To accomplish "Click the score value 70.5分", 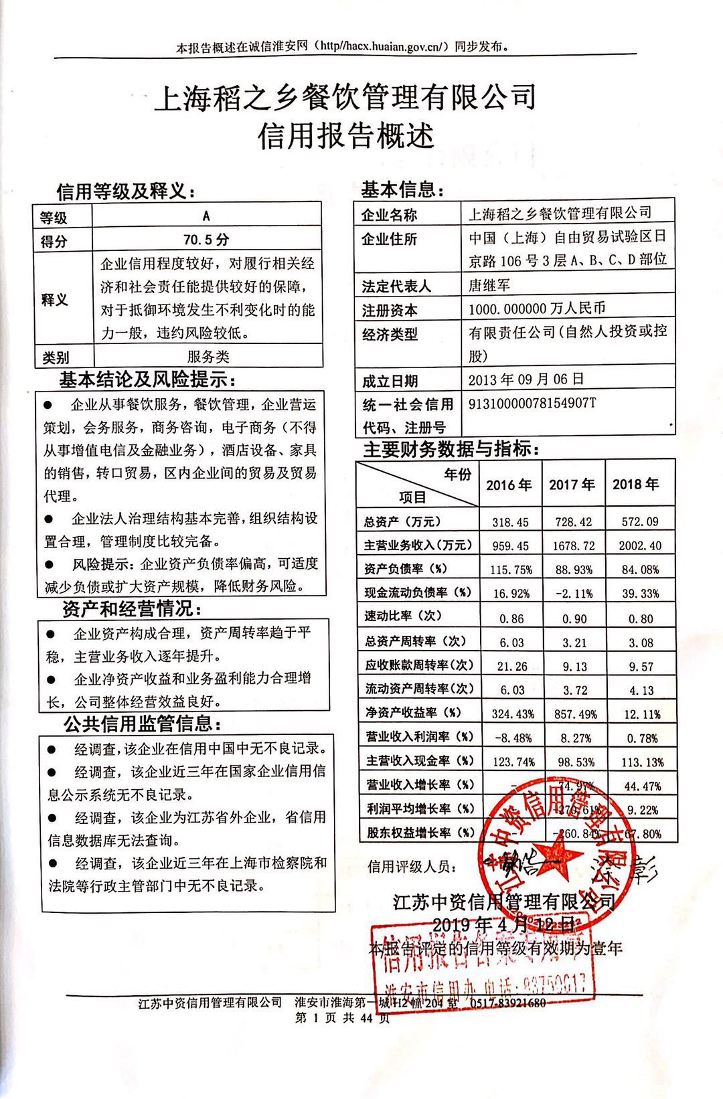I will click(206, 240).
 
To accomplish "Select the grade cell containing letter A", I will click(206, 216).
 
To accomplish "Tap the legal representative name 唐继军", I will click(489, 285).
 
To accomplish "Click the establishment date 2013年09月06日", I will click(526, 379).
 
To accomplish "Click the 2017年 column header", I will click(572, 485).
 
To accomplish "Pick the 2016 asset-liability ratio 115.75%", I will click(511, 570).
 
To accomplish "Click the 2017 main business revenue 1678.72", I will click(573, 545).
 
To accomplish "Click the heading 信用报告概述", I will click(346, 136).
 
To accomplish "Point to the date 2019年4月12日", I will click(503, 925).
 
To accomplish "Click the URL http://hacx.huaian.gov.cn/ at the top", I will click(380, 47).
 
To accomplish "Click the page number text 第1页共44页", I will click(341, 1019).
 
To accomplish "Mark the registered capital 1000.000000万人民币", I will click(537, 309).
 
